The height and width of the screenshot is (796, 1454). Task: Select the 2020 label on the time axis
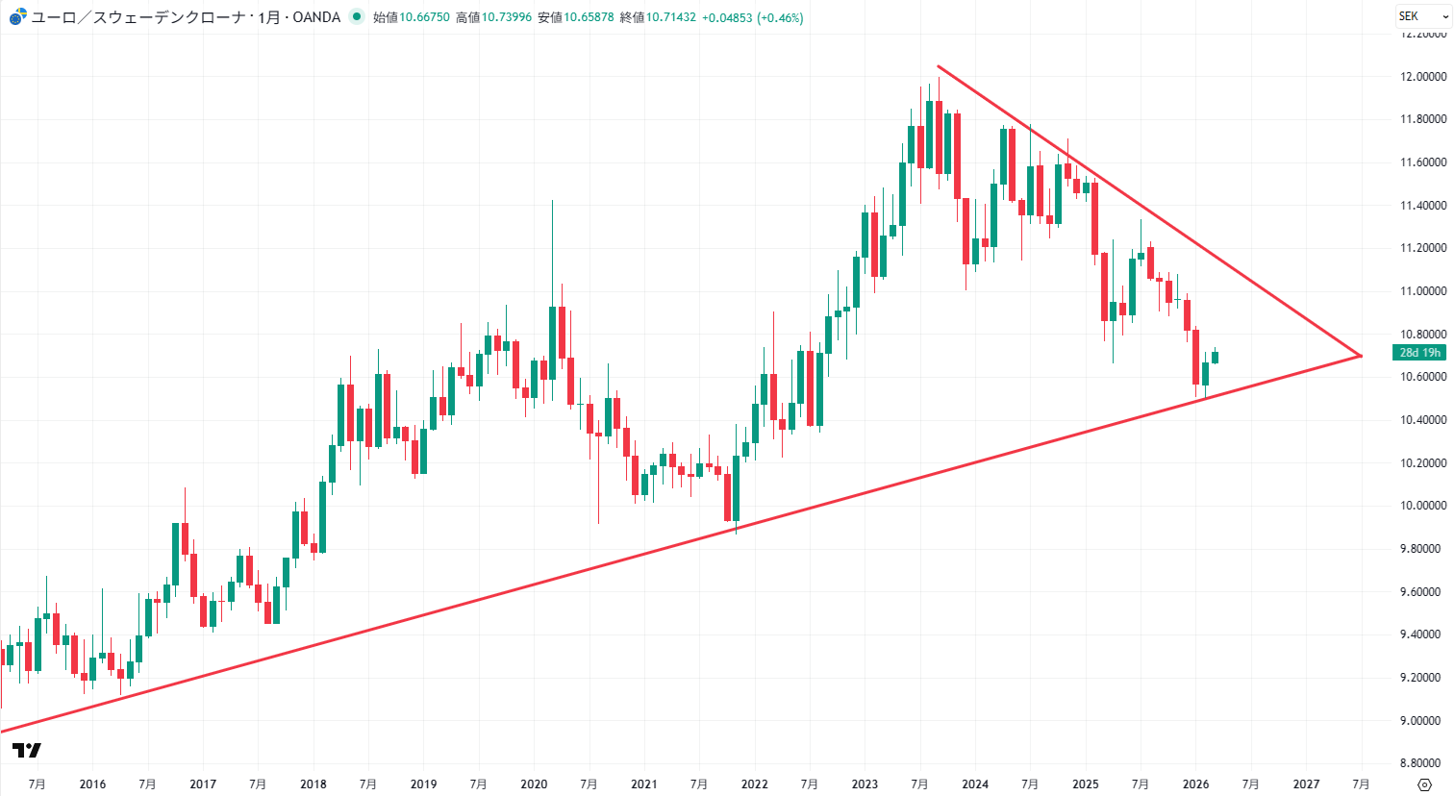pyautogui.click(x=534, y=784)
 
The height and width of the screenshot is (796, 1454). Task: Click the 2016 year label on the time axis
pyautogui.click(x=92, y=784)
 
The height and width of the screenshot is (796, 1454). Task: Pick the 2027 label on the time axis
pyautogui.click(x=1306, y=784)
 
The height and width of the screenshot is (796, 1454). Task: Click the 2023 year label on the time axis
pyautogui.click(x=865, y=784)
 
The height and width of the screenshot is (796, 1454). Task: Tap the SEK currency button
pyautogui.click(x=1409, y=16)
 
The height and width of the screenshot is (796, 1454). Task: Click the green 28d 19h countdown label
pyautogui.click(x=1419, y=353)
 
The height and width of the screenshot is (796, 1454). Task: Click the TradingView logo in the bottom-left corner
pyautogui.click(x=27, y=751)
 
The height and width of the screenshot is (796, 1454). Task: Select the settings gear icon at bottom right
pyautogui.click(x=1425, y=784)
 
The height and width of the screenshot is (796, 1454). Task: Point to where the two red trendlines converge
pyautogui.click(x=1361, y=356)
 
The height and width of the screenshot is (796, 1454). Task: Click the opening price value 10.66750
pyautogui.click(x=424, y=17)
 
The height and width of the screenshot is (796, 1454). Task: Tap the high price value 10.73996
pyautogui.click(x=507, y=17)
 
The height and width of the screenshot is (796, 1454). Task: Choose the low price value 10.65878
pyautogui.click(x=589, y=17)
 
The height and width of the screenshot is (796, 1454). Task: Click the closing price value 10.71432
pyautogui.click(x=671, y=17)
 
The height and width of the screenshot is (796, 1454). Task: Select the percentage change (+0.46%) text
pyautogui.click(x=780, y=17)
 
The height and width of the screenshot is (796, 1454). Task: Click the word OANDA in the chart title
pyautogui.click(x=316, y=17)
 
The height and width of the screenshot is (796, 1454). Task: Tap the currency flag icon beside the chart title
pyautogui.click(x=18, y=17)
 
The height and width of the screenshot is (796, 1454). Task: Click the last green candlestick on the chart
pyautogui.click(x=1215, y=358)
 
